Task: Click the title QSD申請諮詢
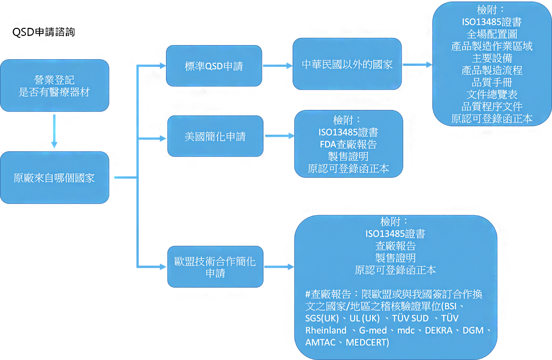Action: [x=44, y=32]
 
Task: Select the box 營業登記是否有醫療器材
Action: [x=55, y=86]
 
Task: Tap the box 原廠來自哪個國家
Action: [x=55, y=178]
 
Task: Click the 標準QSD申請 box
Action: [x=214, y=66]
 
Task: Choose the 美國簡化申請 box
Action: [x=215, y=136]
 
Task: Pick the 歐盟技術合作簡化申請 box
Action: [x=215, y=267]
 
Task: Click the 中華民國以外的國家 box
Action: [x=347, y=64]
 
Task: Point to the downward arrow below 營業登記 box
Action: [x=54, y=131]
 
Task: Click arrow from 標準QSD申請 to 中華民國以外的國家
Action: [x=278, y=65]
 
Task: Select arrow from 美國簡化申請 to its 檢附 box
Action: [x=280, y=136]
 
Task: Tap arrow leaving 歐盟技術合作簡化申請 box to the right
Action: [x=279, y=267]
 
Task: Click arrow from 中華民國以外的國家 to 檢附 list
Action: [x=417, y=65]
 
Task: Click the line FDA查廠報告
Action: [x=348, y=144]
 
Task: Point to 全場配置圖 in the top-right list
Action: [x=492, y=34]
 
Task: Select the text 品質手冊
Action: [x=492, y=83]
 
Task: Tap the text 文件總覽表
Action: [x=492, y=94]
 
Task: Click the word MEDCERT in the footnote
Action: [x=367, y=342]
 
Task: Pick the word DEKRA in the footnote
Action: [x=439, y=331]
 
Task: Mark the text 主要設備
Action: [x=492, y=58]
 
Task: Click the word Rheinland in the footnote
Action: [x=326, y=331]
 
